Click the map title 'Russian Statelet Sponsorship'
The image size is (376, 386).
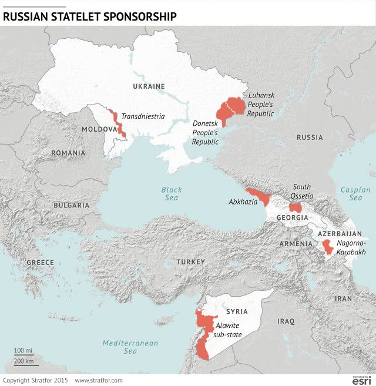click(x=89, y=16)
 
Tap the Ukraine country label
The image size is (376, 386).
click(x=149, y=86)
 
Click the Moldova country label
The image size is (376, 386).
click(x=99, y=129)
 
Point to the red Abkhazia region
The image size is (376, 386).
click(x=258, y=196)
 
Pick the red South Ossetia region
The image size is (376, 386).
click(x=295, y=208)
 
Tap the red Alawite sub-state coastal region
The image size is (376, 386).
click(x=203, y=332)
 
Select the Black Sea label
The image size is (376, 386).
click(x=172, y=194)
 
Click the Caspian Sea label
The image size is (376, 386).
click(x=355, y=194)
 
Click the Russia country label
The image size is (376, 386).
click(x=309, y=137)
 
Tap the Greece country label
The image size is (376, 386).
click(x=40, y=263)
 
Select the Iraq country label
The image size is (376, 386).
click(x=286, y=321)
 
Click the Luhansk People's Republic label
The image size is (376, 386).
click(x=261, y=104)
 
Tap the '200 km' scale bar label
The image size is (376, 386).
click(x=24, y=361)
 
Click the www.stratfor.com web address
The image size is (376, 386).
click(x=99, y=381)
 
